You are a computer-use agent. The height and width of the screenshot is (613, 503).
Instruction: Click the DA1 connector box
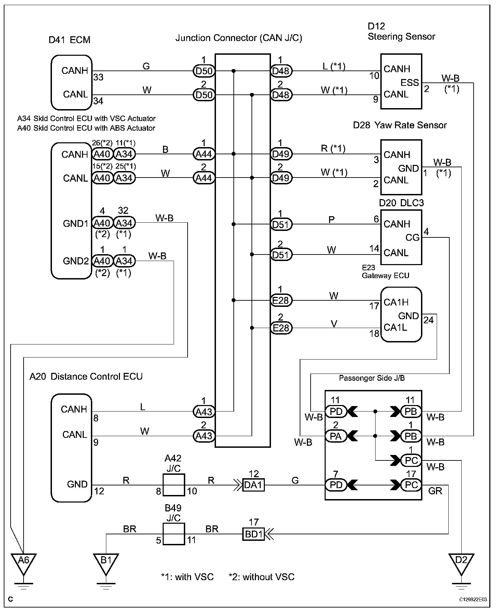[253, 485]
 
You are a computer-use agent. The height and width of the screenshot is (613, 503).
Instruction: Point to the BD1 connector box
[253, 534]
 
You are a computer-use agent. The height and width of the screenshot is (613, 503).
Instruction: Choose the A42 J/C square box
[174, 485]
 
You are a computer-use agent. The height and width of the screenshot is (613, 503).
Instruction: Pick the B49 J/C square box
[174, 534]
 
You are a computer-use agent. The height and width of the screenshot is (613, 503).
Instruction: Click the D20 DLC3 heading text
[401, 203]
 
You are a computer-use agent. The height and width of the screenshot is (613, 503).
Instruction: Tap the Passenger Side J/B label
[372, 378]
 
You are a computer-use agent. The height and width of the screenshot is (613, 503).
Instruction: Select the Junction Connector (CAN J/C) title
[239, 38]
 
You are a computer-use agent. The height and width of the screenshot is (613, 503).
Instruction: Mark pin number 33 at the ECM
[98, 77]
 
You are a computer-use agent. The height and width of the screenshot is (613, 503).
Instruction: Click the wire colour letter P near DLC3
[331, 219]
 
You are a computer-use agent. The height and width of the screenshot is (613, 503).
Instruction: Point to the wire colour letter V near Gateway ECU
[334, 323]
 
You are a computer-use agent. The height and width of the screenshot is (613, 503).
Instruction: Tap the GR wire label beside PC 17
[435, 491]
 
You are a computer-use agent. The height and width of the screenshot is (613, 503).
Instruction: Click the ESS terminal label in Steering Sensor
[410, 82]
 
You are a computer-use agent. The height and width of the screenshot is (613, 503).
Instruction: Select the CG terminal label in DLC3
[412, 237]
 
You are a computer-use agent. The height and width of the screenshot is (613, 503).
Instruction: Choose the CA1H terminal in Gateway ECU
[396, 302]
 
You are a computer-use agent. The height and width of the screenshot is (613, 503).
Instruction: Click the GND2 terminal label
[76, 261]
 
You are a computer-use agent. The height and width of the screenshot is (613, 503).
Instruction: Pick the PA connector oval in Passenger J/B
[336, 436]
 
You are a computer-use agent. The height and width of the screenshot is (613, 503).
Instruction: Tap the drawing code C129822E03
[473, 600]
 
